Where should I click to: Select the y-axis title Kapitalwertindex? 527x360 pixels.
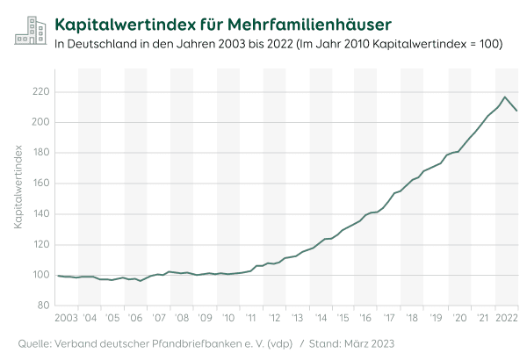[x=18, y=187]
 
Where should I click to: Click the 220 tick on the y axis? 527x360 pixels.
[x=40, y=91]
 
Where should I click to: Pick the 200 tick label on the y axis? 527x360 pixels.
[x=40, y=122]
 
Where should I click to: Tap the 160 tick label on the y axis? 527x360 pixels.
[x=40, y=184]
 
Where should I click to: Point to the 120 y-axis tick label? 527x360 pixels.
[x=40, y=244]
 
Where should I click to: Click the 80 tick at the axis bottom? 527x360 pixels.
[x=42, y=306]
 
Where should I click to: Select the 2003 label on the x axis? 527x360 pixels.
[x=67, y=316]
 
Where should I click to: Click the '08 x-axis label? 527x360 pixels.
[x=182, y=316]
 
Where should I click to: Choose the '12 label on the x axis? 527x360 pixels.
[x=274, y=316]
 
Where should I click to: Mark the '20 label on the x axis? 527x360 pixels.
[x=458, y=316]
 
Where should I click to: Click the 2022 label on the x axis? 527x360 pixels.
[x=506, y=316]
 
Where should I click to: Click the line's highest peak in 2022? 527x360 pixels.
[x=505, y=97]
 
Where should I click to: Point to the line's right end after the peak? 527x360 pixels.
[x=516, y=110]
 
